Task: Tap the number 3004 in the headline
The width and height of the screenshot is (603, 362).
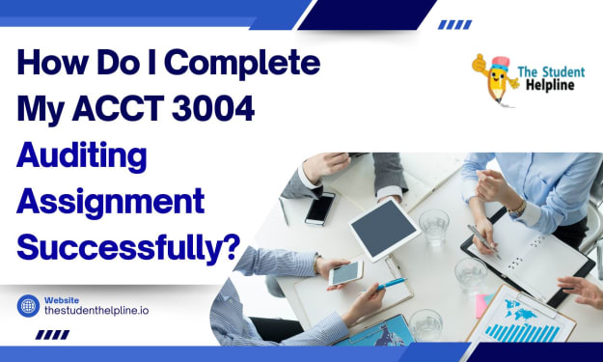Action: click(x=213, y=109)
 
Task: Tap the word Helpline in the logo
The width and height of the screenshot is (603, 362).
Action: click(x=550, y=85)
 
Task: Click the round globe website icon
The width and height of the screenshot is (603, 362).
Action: click(x=28, y=306)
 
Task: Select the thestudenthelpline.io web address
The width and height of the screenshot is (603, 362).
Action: click(x=96, y=311)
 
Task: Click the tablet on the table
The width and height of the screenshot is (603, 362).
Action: click(x=385, y=230)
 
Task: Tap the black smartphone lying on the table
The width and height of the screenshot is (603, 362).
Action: click(x=320, y=209)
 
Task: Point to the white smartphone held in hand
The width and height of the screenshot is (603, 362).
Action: click(x=345, y=273)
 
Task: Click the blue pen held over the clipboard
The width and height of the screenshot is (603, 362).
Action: click(x=391, y=284)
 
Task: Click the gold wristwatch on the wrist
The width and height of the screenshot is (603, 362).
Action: click(x=517, y=208)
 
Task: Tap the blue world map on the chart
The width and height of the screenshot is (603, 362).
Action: click(x=520, y=310)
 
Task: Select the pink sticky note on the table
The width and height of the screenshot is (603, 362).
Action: click(x=481, y=306)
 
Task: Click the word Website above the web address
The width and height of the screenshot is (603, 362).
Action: click(x=62, y=300)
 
